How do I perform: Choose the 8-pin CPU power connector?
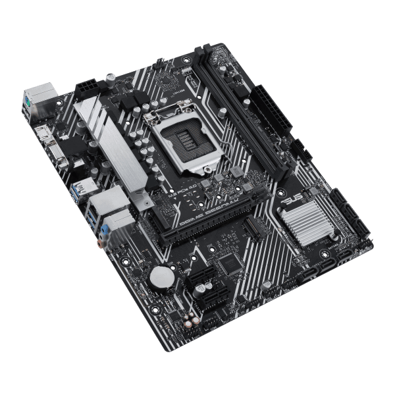click(86, 88)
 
